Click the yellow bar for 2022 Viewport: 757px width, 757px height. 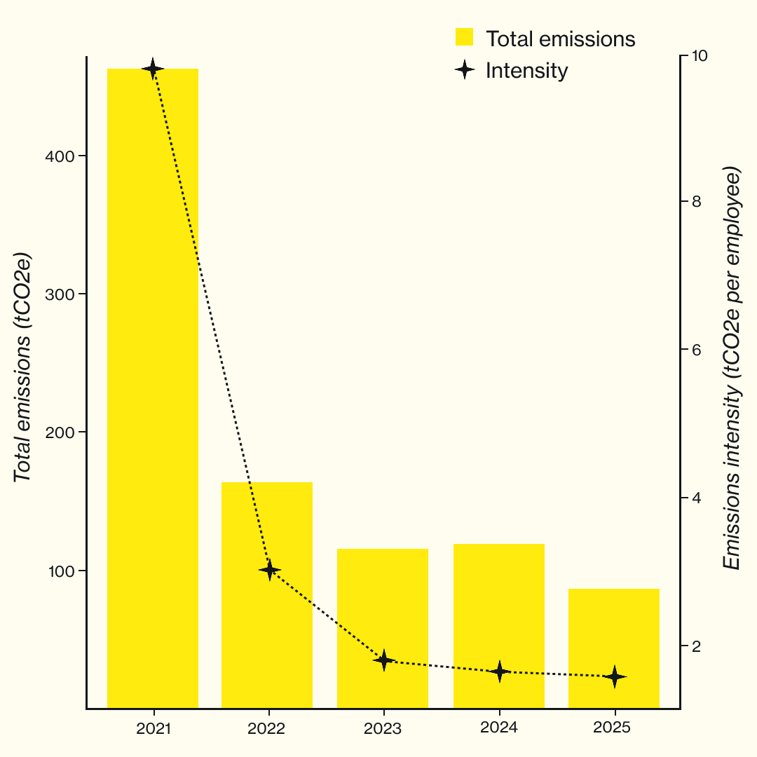tap(267, 595)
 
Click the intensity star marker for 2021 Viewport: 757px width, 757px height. tap(153, 69)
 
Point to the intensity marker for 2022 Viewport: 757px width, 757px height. tap(270, 571)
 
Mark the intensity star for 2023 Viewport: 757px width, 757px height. tap(383, 660)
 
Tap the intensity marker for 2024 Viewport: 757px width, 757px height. tap(499, 671)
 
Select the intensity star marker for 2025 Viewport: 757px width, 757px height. tap(615, 676)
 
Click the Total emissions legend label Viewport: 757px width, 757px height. tap(560, 39)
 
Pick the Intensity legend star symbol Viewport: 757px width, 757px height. tap(464, 70)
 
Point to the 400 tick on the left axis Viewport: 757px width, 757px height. tap(61, 156)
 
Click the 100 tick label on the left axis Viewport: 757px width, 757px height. tap(61, 571)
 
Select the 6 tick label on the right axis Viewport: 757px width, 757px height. tap(697, 350)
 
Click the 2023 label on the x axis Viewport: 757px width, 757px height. tap(383, 729)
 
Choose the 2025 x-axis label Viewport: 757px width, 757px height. tap(611, 728)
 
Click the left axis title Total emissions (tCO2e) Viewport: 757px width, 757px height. tap(23, 367)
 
